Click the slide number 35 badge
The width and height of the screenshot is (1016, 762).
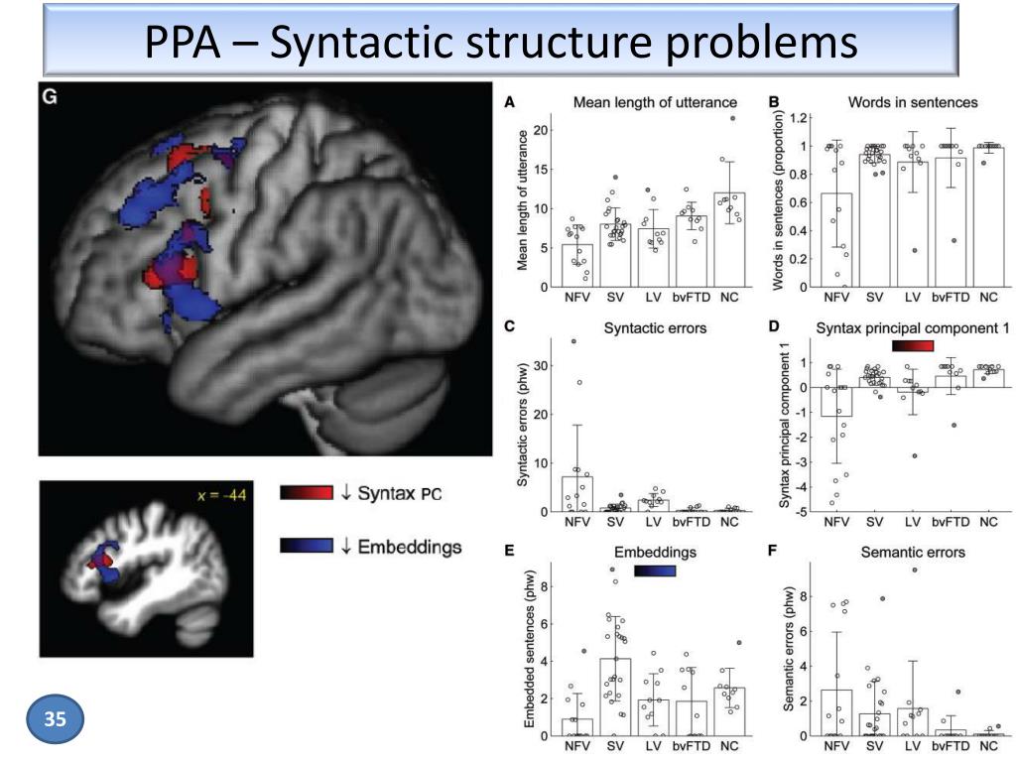click(57, 718)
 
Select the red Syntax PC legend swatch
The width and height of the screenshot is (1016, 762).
click(307, 493)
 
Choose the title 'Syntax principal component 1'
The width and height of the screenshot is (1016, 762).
click(899, 328)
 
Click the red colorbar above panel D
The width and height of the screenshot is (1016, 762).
click(913, 345)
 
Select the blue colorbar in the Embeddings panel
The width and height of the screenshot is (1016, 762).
click(655, 570)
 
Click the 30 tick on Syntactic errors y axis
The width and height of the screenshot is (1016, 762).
click(543, 366)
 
